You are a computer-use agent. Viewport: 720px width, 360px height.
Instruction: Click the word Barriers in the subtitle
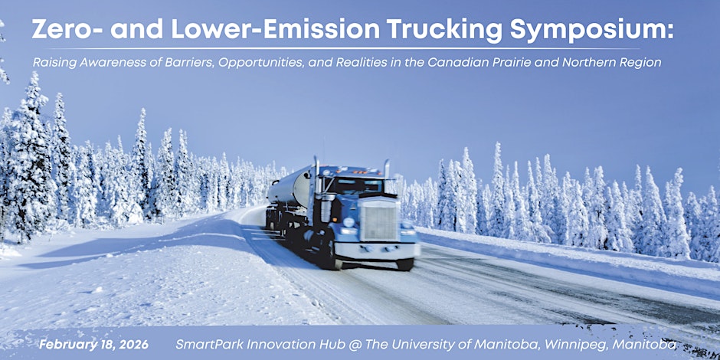point(191,63)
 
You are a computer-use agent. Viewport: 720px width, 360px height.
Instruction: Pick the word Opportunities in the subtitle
point(261,64)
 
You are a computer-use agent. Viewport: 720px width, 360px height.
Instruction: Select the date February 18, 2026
point(93,345)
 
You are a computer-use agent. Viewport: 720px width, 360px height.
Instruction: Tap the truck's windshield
point(354,185)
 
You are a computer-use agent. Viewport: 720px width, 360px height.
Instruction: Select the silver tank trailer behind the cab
point(290,187)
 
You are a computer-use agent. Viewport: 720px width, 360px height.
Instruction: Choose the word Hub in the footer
point(295,345)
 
